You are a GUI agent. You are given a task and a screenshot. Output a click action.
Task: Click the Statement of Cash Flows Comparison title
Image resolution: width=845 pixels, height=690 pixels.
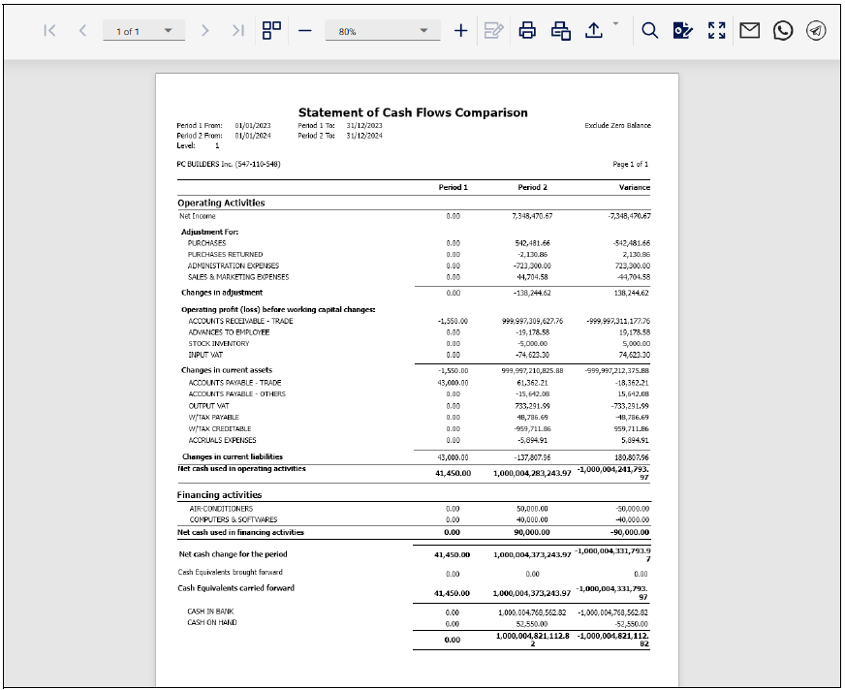413,112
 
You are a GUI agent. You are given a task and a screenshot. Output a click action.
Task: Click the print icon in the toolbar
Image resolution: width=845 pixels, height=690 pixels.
527,31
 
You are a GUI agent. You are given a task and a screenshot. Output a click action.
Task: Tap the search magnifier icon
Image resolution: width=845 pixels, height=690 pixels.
650,31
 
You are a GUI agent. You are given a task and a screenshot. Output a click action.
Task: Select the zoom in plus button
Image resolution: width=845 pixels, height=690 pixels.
461,31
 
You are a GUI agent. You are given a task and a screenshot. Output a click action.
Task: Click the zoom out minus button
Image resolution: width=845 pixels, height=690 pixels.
304,31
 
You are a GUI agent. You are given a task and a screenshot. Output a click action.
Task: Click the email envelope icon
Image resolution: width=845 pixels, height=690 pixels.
749,31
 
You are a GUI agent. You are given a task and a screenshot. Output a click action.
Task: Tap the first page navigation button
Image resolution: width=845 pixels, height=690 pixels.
49,31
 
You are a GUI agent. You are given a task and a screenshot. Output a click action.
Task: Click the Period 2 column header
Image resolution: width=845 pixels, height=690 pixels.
533,187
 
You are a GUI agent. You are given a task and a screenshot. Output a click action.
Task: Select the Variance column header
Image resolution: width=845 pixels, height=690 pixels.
635,187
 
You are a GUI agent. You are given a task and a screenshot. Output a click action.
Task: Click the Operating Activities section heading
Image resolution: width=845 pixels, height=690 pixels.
221,203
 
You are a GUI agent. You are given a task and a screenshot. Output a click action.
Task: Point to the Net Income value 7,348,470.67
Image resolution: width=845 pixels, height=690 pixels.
533,216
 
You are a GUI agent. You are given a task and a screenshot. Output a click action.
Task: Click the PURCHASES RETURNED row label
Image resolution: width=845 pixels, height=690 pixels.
225,254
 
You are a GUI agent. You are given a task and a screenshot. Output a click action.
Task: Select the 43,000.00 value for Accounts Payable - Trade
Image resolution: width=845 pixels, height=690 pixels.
453,383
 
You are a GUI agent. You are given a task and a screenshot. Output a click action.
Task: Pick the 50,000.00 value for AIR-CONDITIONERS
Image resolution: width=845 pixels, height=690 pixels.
533,508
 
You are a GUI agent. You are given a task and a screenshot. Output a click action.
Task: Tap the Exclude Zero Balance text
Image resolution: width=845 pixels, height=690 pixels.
618,125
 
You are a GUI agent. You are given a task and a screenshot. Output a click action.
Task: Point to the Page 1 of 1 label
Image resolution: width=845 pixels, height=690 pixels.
631,165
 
